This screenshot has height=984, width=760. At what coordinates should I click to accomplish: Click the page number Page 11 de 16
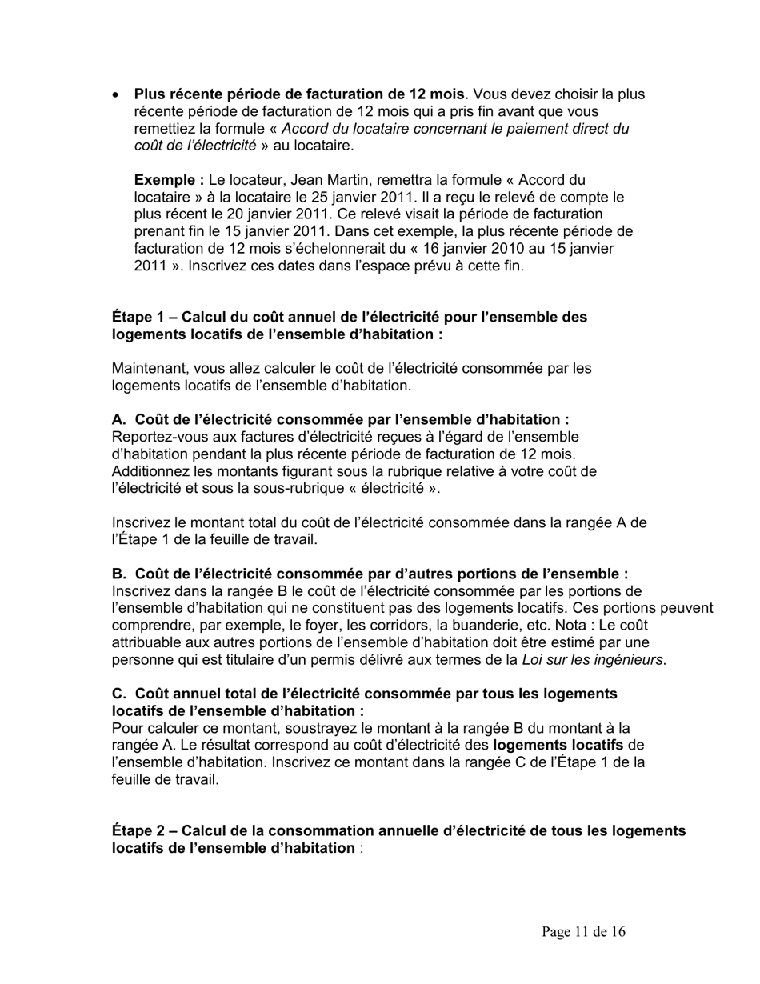click(583, 932)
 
